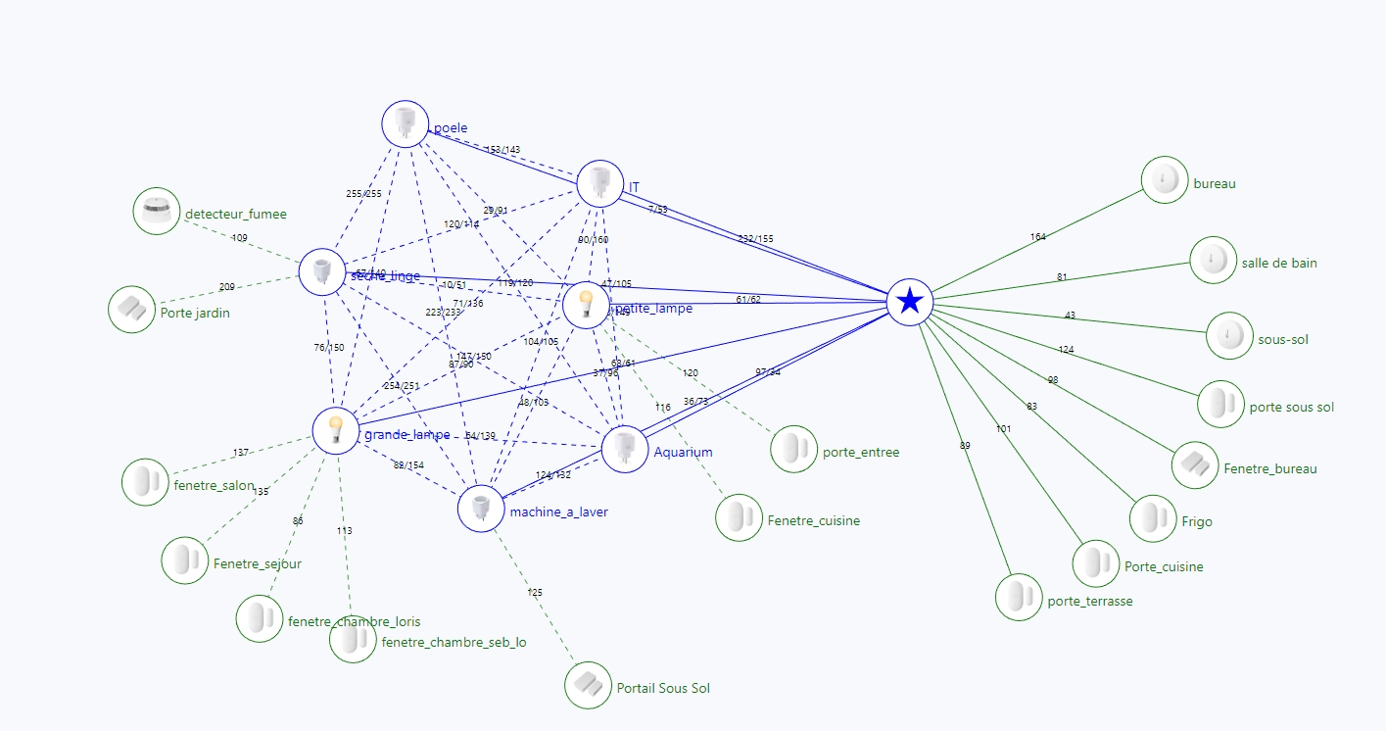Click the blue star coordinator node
[910, 301]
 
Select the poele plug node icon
[405, 124]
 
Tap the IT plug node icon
[599, 183]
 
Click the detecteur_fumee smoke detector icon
[157, 212]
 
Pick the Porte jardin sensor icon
[131, 310]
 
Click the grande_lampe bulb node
[336, 430]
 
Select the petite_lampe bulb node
[586, 305]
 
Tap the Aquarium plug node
[624, 449]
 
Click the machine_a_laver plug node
[481, 509]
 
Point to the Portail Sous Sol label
[663, 689]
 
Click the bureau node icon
[1165, 180]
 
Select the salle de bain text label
[1278, 263]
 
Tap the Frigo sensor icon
[1153, 518]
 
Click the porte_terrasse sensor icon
[1019, 597]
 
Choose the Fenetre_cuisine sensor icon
[739, 517]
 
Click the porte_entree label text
[860, 452]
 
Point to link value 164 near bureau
[1038, 237]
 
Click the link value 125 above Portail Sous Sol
[535, 593]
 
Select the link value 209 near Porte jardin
[227, 287]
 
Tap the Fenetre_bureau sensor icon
[1195, 464]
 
